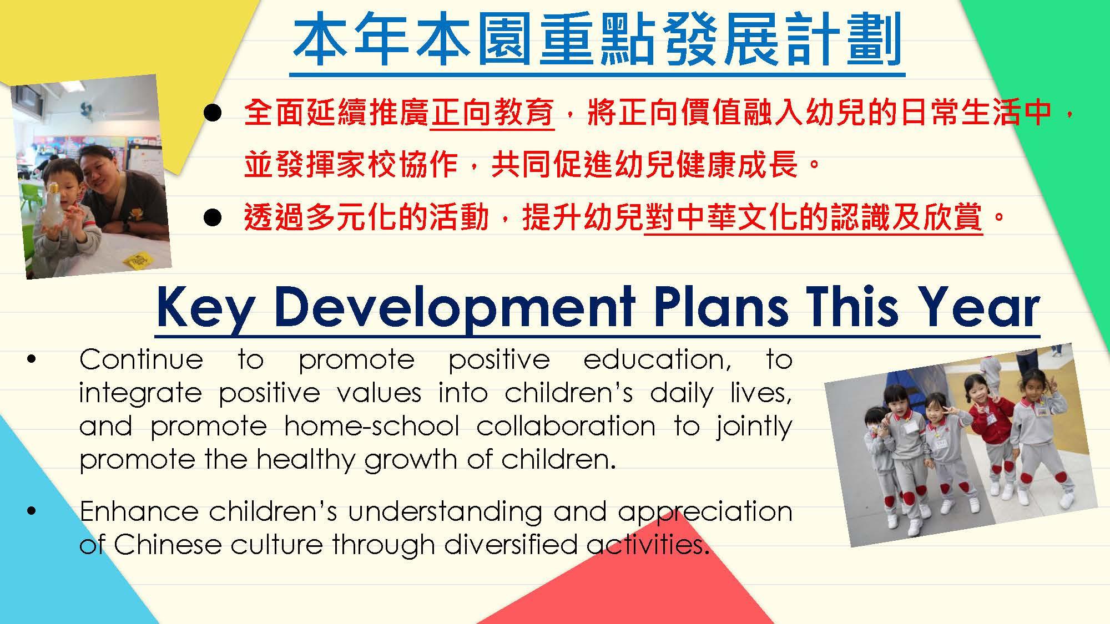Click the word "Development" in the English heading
click(455, 308)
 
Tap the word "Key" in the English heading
click(204, 308)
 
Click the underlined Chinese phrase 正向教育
click(492, 113)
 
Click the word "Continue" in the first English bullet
click(141, 359)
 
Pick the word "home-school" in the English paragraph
click(371, 426)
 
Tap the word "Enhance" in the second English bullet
click(139, 511)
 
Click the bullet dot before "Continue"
click(31, 360)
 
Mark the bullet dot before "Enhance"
click(31, 511)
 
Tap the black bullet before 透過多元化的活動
click(213, 218)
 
